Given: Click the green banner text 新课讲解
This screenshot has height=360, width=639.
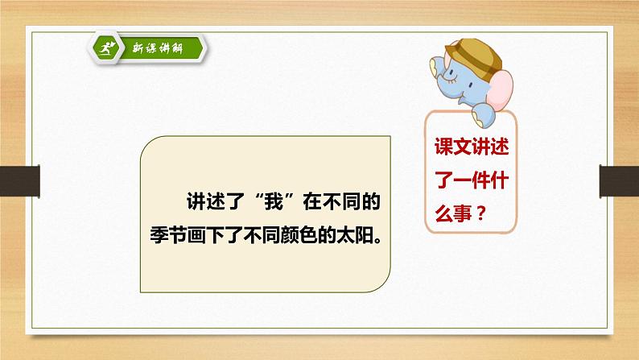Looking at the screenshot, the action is click(158, 48).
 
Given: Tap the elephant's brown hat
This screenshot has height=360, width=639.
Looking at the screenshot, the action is click(475, 56).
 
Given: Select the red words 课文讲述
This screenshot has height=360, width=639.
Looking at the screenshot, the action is click(472, 147).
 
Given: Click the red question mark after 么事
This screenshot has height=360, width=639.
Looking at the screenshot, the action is click(481, 213).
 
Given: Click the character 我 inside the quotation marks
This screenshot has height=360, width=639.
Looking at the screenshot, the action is click(274, 201).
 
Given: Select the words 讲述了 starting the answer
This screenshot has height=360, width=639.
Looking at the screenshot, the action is click(215, 201).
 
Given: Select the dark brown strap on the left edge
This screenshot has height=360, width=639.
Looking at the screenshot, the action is click(19, 181).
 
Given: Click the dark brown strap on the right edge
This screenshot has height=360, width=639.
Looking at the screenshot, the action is click(619, 181).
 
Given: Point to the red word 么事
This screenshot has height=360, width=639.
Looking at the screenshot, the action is click(453, 213).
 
